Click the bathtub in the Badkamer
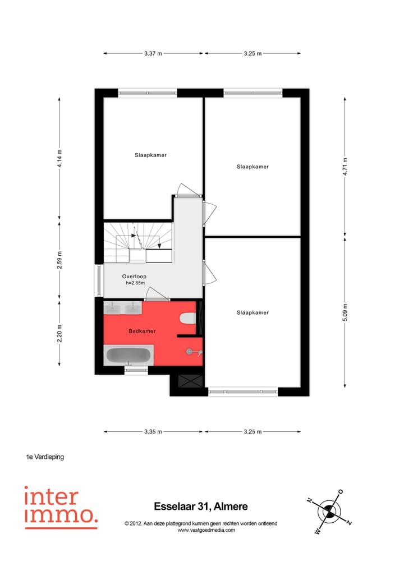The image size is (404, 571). click(128, 356)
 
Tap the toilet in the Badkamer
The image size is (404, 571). click(186, 319)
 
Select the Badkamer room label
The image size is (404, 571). click(142, 331)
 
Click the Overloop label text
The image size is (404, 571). click(134, 277)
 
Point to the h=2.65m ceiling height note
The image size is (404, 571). click(135, 283)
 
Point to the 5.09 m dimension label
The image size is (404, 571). click(345, 312)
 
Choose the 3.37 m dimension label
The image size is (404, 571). click(153, 53)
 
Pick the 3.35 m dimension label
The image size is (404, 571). click(153, 431)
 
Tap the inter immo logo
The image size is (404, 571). click(61, 506)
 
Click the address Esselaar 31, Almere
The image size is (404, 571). click(200, 506)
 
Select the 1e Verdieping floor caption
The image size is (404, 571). click(45, 457)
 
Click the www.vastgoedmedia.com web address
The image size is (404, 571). click(200, 530)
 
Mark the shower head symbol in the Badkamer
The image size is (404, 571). click(191, 352)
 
